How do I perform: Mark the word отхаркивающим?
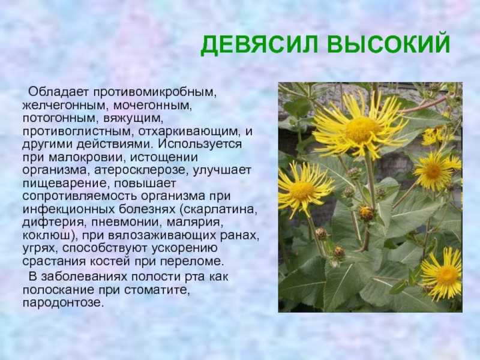tap(189, 132)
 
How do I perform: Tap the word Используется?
tap(200, 145)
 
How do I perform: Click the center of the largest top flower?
tap(361, 128)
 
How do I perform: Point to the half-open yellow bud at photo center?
tap(366, 213)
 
